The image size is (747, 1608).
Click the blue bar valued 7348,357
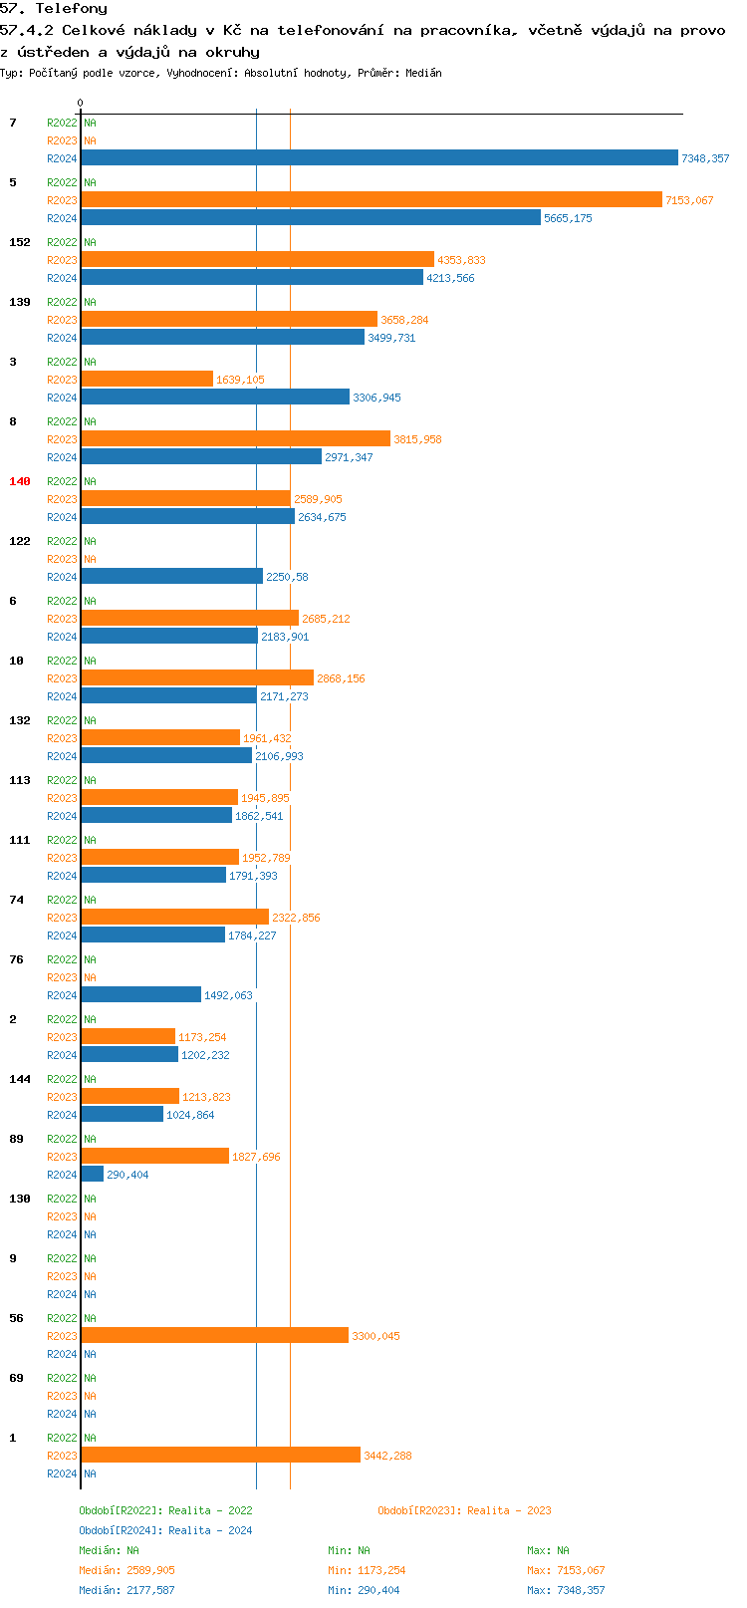378,158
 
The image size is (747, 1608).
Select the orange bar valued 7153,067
371,200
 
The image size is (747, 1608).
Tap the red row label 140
20,481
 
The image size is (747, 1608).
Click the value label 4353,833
461,260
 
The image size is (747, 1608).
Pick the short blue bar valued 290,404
92,1175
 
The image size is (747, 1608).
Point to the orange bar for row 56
214,1336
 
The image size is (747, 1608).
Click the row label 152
20,242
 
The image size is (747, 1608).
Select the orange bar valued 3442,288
220,1456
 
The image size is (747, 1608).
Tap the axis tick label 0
81,104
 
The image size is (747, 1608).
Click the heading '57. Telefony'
54,9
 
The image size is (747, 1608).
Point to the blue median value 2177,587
150,1590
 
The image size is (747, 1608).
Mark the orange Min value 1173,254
380,1570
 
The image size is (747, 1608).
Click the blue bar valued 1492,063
140,995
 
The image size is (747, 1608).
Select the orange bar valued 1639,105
146,380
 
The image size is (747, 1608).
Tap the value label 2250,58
287,577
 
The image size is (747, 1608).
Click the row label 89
16,1139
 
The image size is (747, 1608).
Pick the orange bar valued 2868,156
197,678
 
